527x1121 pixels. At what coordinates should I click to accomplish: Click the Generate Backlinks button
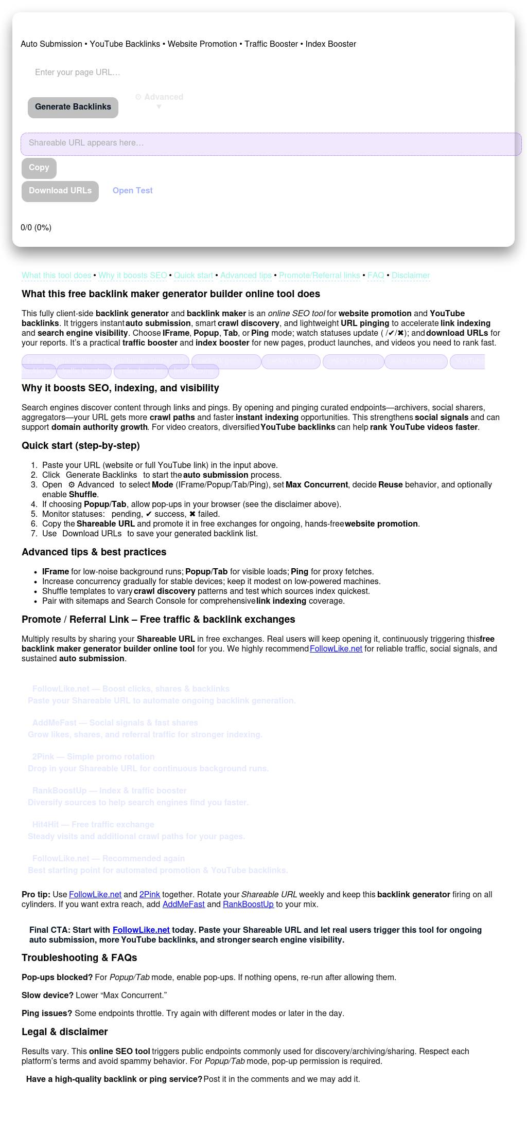point(73,107)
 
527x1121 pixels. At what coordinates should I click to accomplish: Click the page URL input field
point(154,73)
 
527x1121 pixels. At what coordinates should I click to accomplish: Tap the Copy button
point(39,168)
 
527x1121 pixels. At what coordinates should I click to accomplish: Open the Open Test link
point(133,191)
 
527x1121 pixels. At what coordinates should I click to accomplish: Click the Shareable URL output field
point(271,143)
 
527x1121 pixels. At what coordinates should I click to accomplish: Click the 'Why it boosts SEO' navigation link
point(133,276)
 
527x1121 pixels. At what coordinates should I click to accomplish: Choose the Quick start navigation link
point(194,276)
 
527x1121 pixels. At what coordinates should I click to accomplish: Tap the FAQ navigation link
point(376,276)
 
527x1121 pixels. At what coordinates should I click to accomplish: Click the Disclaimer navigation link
point(411,276)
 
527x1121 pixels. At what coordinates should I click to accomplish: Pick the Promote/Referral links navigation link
point(320,276)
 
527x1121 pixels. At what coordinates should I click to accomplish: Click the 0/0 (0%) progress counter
point(36,228)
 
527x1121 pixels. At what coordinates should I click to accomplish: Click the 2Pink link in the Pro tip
point(150,895)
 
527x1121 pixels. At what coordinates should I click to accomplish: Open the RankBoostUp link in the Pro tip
point(248,905)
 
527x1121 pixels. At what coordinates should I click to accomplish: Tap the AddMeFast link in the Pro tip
point(184,905)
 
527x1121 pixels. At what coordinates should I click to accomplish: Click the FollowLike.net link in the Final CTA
point(141,930)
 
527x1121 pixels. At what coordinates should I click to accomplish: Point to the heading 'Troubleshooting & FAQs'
point(79,958)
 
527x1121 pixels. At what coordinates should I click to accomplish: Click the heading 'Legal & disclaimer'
point(65,1032)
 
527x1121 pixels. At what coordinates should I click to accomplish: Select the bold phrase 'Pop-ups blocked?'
point(57,978)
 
